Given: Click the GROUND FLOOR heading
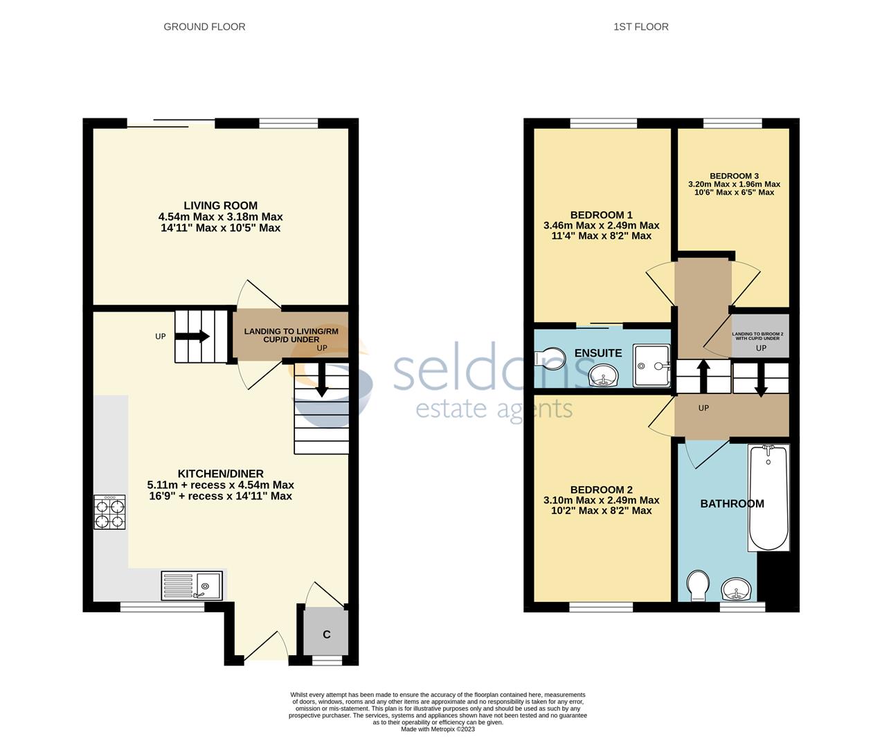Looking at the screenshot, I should [204, 27].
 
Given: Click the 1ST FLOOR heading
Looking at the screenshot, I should [640, 27].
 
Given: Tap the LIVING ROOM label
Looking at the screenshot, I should [220, 206].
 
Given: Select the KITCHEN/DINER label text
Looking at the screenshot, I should [220, 474].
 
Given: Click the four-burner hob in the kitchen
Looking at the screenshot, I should [109, 513].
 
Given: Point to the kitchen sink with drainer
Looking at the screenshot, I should [192, 586].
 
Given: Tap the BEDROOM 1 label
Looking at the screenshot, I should [601, 215].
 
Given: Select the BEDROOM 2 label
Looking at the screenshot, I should [601, 490].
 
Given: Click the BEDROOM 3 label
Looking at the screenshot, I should [734, 176].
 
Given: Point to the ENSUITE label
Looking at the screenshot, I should [598, 353].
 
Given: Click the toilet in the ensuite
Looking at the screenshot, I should [550, 359].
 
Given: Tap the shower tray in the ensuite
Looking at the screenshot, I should [651, 365].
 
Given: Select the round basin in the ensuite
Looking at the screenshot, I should [604, 377].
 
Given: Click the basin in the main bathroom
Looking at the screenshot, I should [737, 591].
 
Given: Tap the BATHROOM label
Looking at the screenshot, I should [732, 504].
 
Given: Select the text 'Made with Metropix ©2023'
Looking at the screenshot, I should [438, 729].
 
